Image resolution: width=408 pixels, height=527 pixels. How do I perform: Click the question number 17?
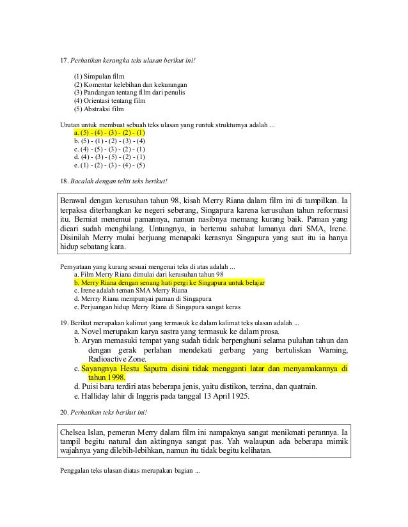63,61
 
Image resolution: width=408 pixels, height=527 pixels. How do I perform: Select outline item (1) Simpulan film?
99,76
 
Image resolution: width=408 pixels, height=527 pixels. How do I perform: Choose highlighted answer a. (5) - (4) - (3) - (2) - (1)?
109,132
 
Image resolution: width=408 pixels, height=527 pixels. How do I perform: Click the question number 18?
63,181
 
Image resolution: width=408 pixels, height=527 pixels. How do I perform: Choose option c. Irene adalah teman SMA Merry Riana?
126,290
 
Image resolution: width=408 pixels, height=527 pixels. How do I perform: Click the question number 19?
63,321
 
